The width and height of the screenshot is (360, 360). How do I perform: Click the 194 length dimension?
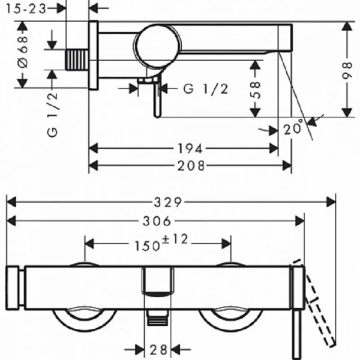point(190,148)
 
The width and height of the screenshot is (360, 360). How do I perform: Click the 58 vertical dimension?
point(256,90)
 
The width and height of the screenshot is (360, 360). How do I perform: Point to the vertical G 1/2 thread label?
point(53,114)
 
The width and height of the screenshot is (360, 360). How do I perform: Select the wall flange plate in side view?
point(93,55)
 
